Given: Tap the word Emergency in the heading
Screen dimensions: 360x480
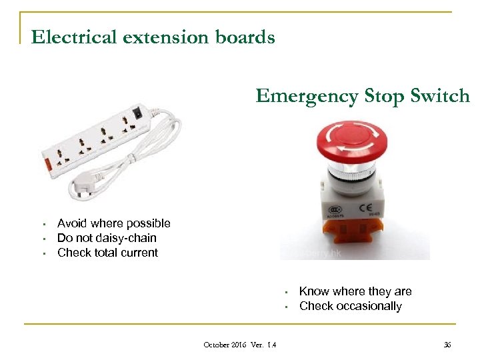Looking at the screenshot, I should click(x=307, y=96).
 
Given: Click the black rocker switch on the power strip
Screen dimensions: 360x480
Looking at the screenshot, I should click(x=138, y=112).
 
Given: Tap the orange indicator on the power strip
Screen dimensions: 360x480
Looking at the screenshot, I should click(x=47, y=163).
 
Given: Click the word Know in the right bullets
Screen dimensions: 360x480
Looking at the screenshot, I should click(x=313, y=291).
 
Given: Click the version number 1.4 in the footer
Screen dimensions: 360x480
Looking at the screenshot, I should click(x=271, y=345).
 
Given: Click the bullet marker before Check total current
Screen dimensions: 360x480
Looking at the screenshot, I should click(x=42, y=253).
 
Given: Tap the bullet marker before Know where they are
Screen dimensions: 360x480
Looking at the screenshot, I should click(x=285, y=292).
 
